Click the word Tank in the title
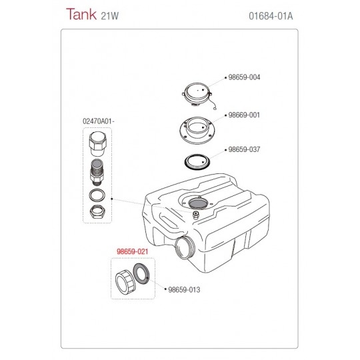[81, 14]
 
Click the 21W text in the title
[110, 16]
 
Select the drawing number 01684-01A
[271, 16]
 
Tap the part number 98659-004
[244, 77]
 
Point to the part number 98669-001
[244, 115]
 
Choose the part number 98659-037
[244, 149]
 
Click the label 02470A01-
[99, 121]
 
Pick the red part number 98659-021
[133, 251]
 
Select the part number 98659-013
[184, 290]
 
